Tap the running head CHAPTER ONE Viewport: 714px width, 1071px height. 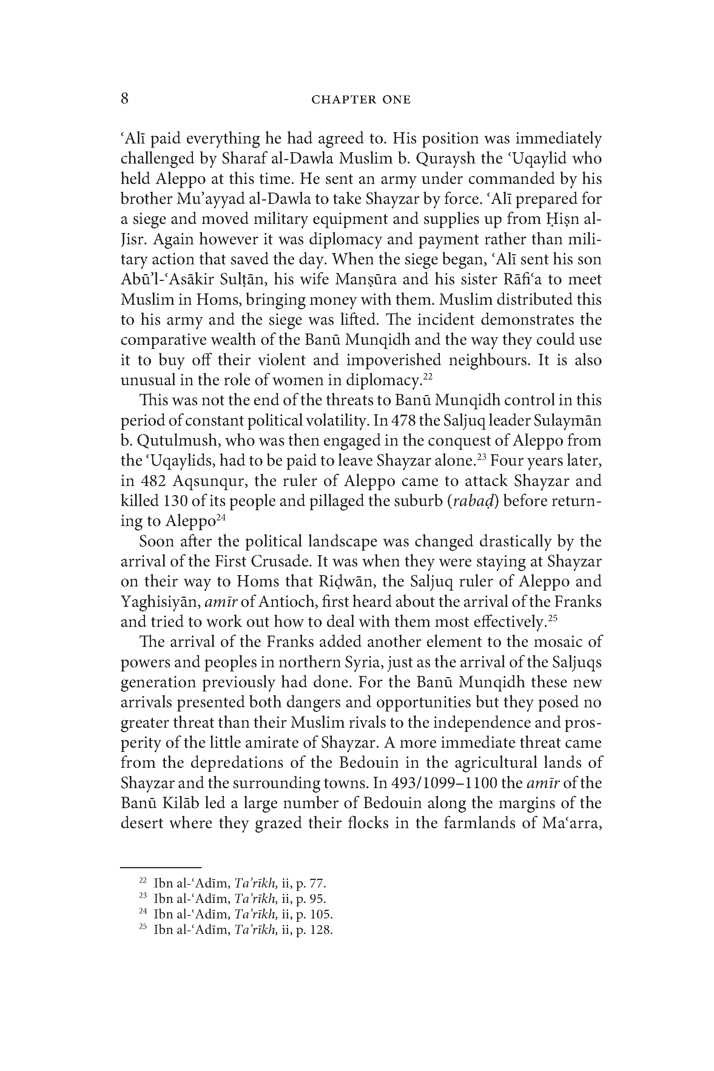361,100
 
